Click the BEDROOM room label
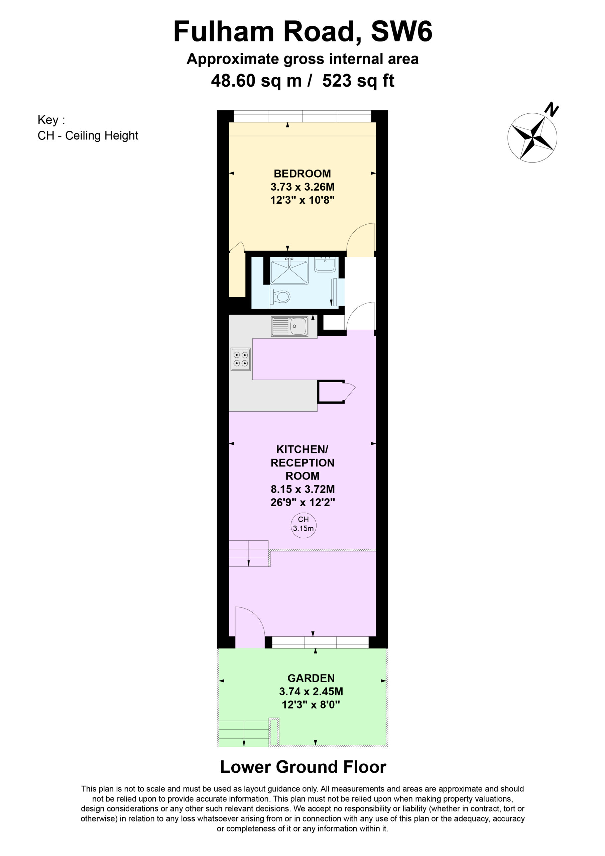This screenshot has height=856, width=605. [x=302, y=174]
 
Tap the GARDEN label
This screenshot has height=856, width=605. [x=311, y=678]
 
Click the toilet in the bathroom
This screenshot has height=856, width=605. [x=280, y=297]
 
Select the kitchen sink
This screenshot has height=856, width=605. [x=290, y=326]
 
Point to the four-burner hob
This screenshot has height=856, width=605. [x=241, y=359]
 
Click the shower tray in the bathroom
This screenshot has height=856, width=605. [x=289, y=272]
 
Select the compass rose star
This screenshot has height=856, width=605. [x=532, y=137]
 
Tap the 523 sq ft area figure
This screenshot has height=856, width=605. [x=358, y=81]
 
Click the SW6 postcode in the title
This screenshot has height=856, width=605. [x=401, y=31]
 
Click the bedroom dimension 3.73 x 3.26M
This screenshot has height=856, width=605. [x=302, y=187]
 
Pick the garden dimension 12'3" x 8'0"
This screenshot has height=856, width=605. [x=311, y=705]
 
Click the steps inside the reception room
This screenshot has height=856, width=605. [x=249, y=554]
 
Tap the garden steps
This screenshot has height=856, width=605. [x=243, y=734]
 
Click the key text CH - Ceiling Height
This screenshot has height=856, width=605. [x=88, y=136]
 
